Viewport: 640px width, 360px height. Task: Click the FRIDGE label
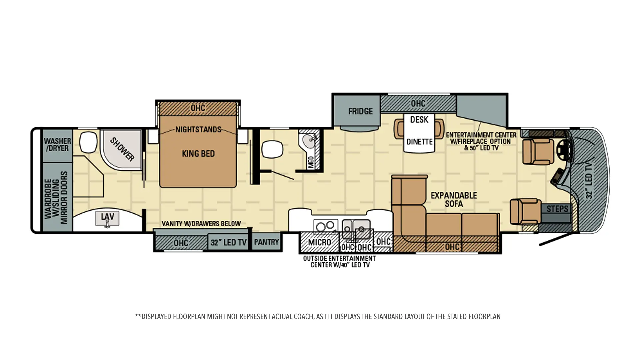[x=360, y=111]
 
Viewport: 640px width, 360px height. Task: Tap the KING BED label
[x=198, y=154]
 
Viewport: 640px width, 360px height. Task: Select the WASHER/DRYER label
[x=57, y=145]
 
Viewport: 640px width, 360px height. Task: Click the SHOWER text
[x=122, y=149]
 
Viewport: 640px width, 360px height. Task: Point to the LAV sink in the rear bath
[x=107, y=219]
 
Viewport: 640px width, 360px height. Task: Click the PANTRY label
[x=266, y=242]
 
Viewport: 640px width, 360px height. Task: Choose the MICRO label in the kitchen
[x=320, y=242]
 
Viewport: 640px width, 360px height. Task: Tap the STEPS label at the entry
[x=557, y=209]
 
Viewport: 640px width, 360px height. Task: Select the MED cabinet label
[x=311, y=162]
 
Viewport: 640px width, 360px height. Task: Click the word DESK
[x=419, y=119]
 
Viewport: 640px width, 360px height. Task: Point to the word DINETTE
[x=419, y=142]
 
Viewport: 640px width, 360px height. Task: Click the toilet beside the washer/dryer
[x=88, y=142]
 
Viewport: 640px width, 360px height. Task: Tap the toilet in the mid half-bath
[x=272, y=149]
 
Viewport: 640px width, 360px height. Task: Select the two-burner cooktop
[x=326, y=227]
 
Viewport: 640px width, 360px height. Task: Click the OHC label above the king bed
[x=198, y=108]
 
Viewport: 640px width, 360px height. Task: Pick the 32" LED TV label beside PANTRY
[x=228, y=242]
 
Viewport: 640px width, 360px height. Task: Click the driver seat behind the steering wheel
[x=538, y=152]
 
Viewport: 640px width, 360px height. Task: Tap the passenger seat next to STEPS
[x=525, y=211]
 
